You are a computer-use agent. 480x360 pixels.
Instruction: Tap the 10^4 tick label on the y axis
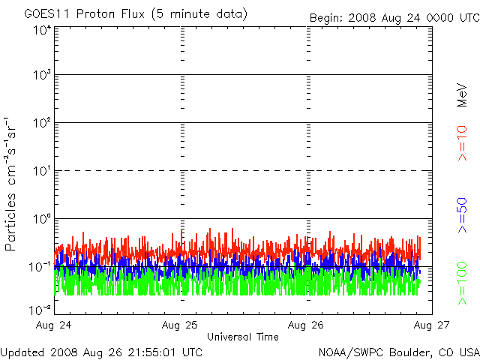coord(41,30)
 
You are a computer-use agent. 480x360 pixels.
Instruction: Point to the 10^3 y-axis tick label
coord(41,76)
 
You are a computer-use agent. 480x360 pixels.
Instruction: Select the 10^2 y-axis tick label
coord(41,123)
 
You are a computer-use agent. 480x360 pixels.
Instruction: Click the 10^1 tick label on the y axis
coord(41,171)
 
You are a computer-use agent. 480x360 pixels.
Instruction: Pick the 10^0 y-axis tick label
coord(41,219)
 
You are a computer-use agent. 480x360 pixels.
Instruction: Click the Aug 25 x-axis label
coord(181,325)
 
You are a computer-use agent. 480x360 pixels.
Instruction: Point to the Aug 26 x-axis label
coord(306,325)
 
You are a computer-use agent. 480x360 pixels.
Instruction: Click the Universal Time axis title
coord(242,337)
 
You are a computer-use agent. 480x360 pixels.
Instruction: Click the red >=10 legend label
coord(463,144)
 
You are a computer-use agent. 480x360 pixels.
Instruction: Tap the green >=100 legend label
coord(463,283)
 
